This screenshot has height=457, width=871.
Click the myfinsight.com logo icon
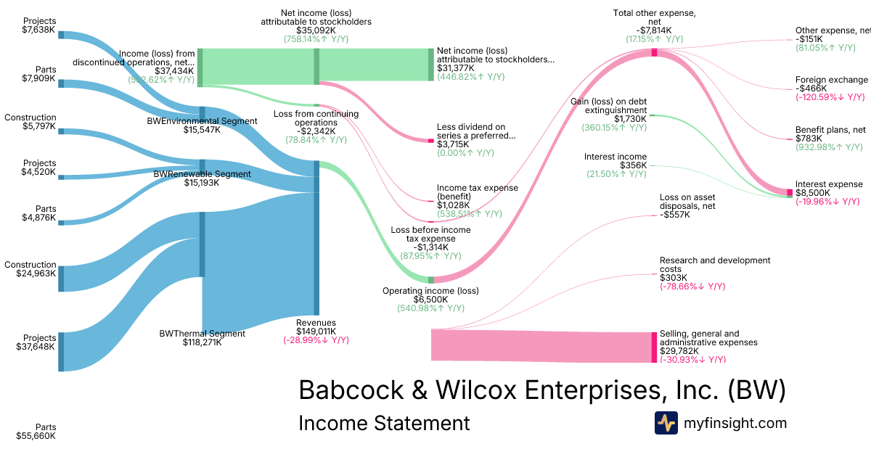coord(666,423)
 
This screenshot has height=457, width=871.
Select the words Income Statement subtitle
coord(384,423)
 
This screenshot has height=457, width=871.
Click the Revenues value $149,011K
coord(316,332)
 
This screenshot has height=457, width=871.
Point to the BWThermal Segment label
coord(202,334)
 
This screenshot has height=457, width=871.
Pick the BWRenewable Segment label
coord(203,174)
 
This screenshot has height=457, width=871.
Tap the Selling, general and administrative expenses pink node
coord(654,346)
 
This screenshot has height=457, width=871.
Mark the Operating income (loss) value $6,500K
coord(430,300)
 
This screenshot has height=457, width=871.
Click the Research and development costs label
coord(714,265)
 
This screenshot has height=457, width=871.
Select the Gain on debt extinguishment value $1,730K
coord(629,119)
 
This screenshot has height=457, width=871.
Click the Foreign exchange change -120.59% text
coord(830,97)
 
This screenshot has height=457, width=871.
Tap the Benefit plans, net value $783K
coord(809,139)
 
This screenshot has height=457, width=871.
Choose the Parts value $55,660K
coord(36,436)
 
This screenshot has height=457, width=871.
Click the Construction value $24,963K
coord(36,273)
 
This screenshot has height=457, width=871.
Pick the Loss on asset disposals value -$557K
coord(674,215)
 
